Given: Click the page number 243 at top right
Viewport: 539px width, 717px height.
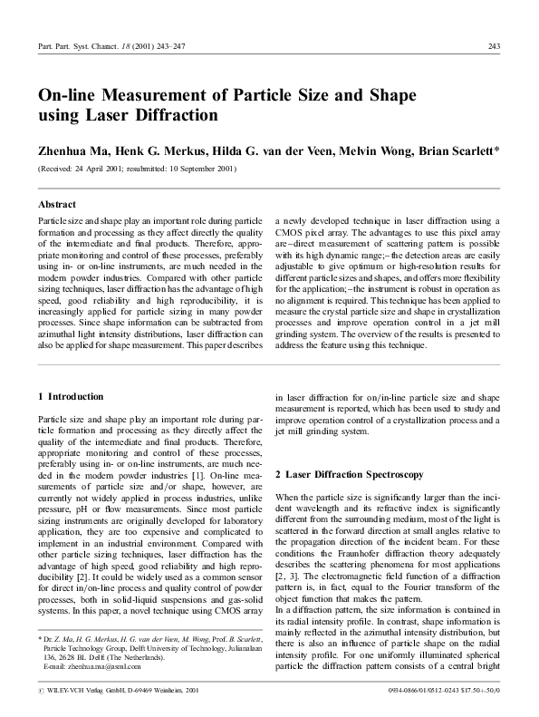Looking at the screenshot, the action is (494, 46).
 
